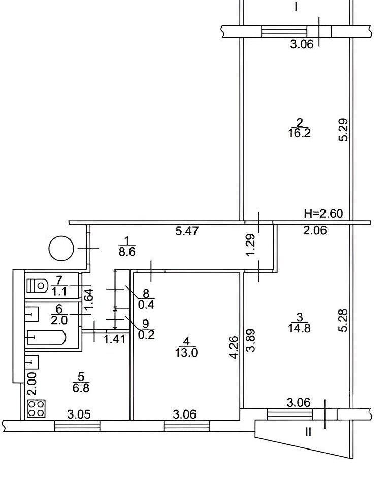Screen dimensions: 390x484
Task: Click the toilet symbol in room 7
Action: (37, 286)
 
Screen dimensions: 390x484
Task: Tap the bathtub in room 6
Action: (46, 338)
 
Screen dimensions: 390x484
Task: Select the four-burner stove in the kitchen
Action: (36, 409)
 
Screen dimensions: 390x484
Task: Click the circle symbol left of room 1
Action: (61, 249)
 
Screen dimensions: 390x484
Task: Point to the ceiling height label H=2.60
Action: (323, 213)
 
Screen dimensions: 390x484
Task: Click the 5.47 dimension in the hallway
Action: (187, 231)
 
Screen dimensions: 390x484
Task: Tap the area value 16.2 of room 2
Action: (299, 133)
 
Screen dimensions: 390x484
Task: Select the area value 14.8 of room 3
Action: (299, 328)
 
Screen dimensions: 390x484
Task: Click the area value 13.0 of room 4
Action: (186, 353)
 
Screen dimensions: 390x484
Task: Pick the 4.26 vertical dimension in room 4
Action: (234, 347)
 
